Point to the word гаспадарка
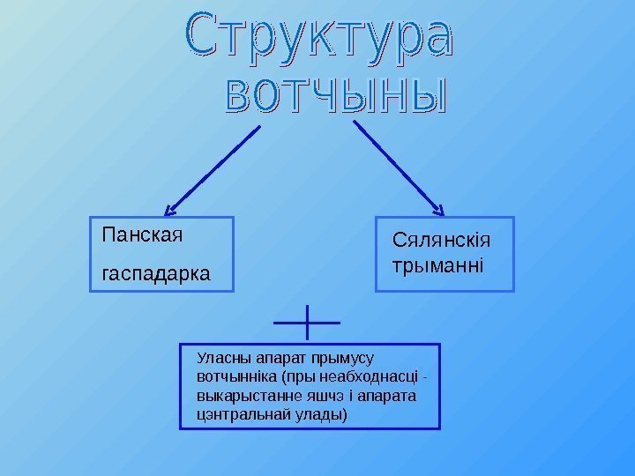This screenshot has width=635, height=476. [x=156, y=274]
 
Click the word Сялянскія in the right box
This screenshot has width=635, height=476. [x=441, y=240]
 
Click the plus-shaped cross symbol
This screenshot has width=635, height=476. [x=307, y=323]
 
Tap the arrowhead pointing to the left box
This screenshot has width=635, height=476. [x=172, y=210]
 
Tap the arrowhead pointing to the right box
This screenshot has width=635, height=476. [x=437, y=210]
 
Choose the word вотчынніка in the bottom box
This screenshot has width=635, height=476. [x=235, y=377]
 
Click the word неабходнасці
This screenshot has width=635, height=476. [x=371, y=377]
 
